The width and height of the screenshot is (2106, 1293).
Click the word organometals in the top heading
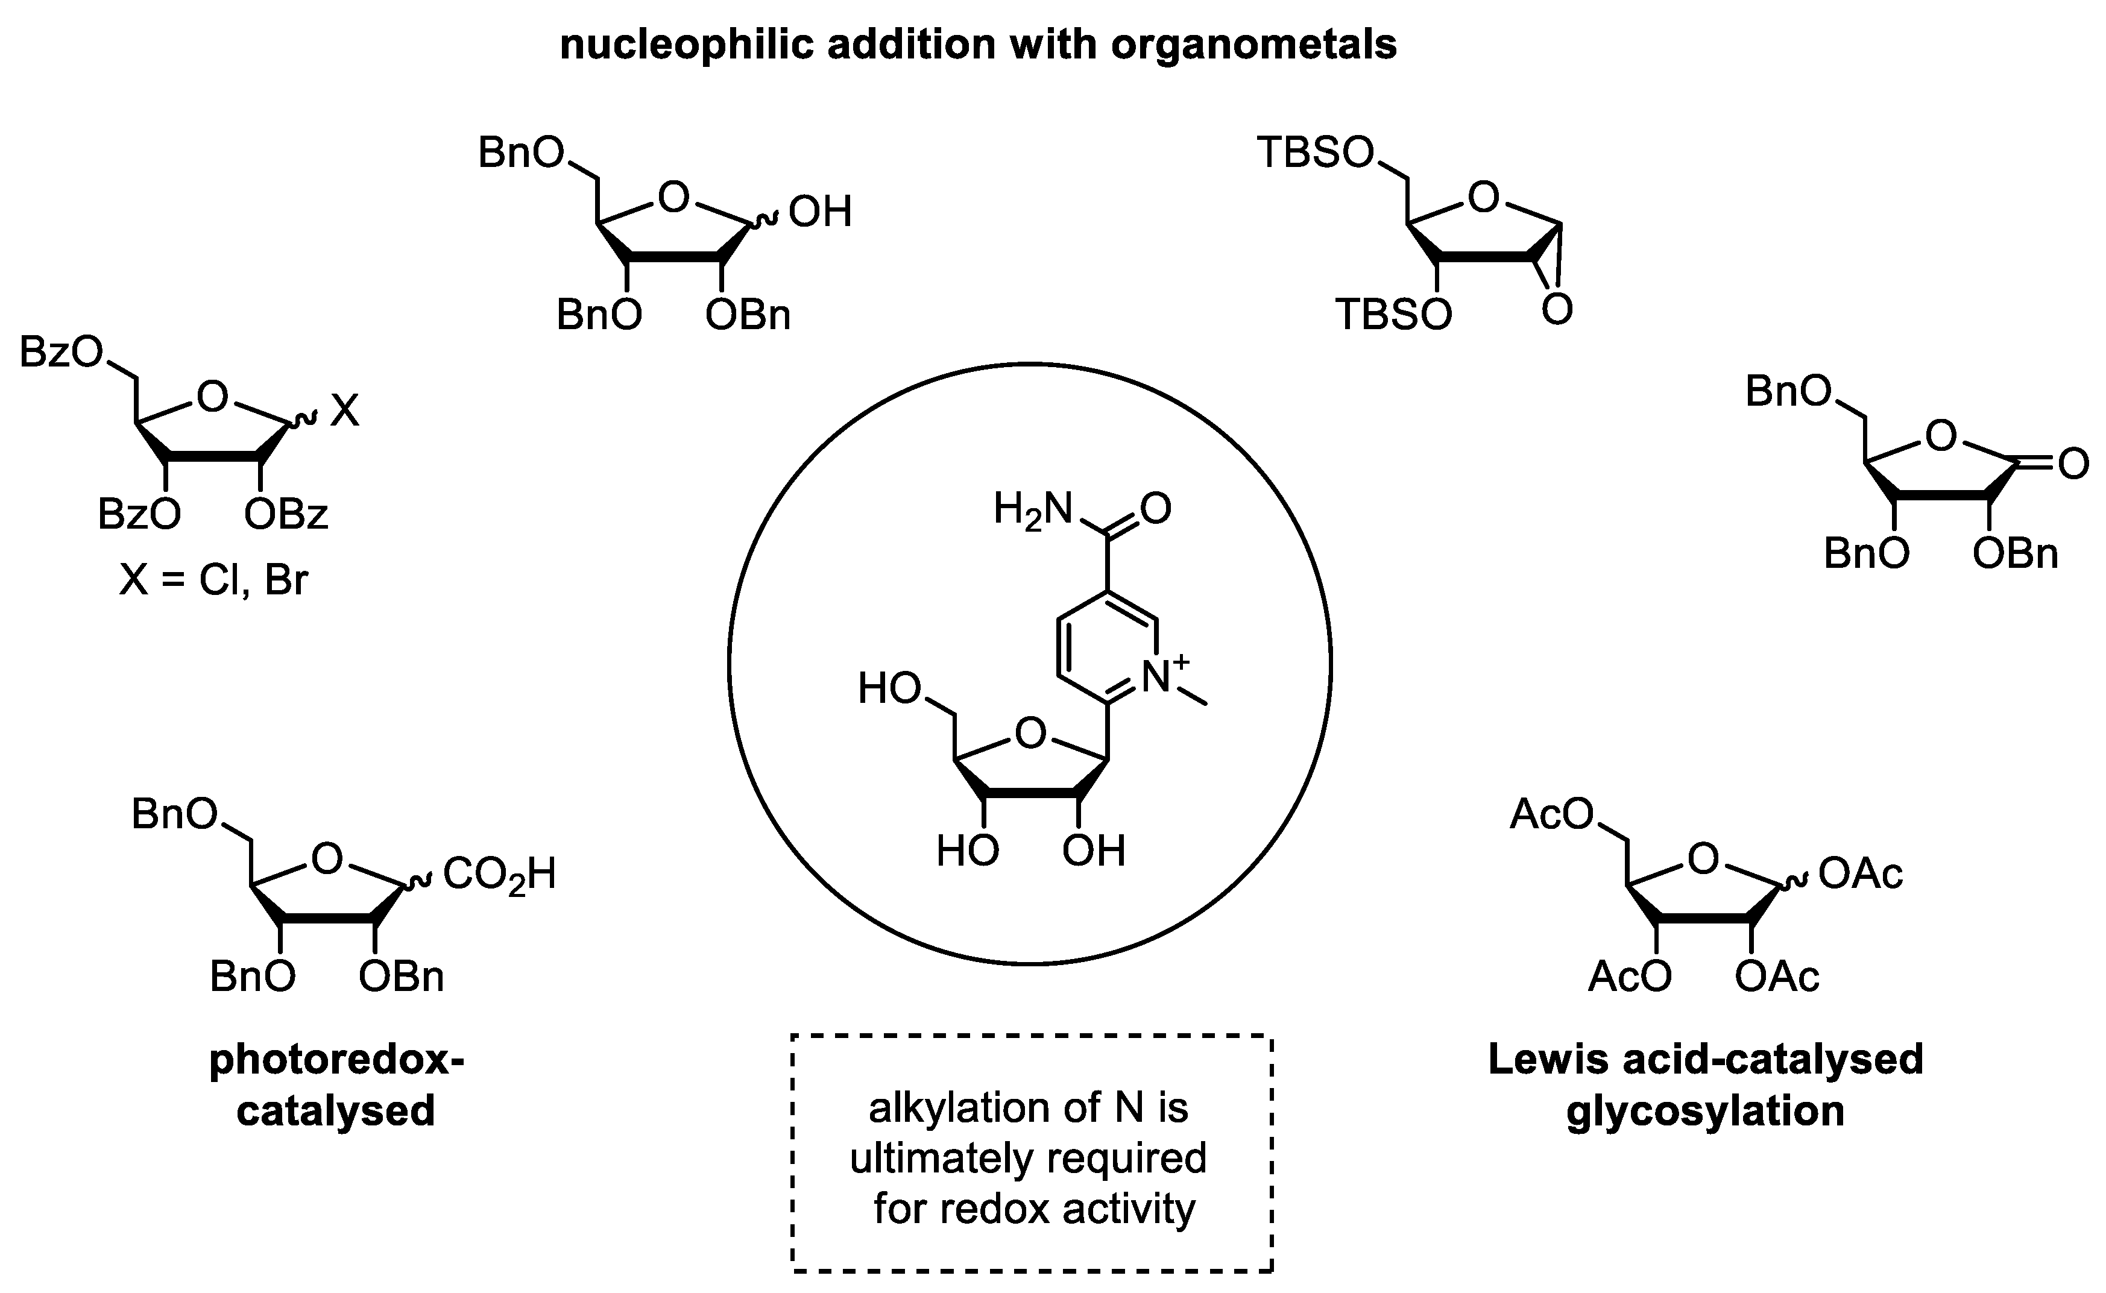click(1253, 45)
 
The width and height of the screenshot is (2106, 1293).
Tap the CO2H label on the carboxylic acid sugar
click(499, 875)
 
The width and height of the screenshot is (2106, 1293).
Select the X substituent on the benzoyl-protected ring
click(345, 411)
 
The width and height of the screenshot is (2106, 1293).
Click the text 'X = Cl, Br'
click(214, 580)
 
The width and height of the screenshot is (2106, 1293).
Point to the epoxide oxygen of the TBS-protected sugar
click(1557, 310)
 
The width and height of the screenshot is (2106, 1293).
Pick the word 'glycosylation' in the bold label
click(1705, 1112)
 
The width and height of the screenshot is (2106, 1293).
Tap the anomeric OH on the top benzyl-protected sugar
click(820, 212)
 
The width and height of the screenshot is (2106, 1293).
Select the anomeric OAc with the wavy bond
click(1861, 874)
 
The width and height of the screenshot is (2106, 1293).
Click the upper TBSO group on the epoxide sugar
click(1315, 153)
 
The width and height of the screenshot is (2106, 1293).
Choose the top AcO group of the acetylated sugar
click(1552, 814)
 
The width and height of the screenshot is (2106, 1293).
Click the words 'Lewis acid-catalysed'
click(1705, 1060)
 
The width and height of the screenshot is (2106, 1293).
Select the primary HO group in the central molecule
click(889, 688)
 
